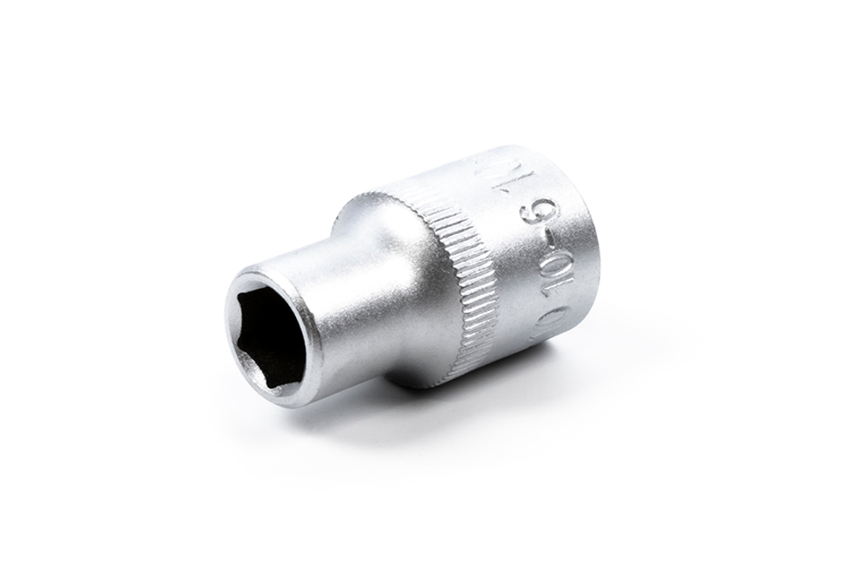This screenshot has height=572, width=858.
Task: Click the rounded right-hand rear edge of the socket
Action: (592, 257)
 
